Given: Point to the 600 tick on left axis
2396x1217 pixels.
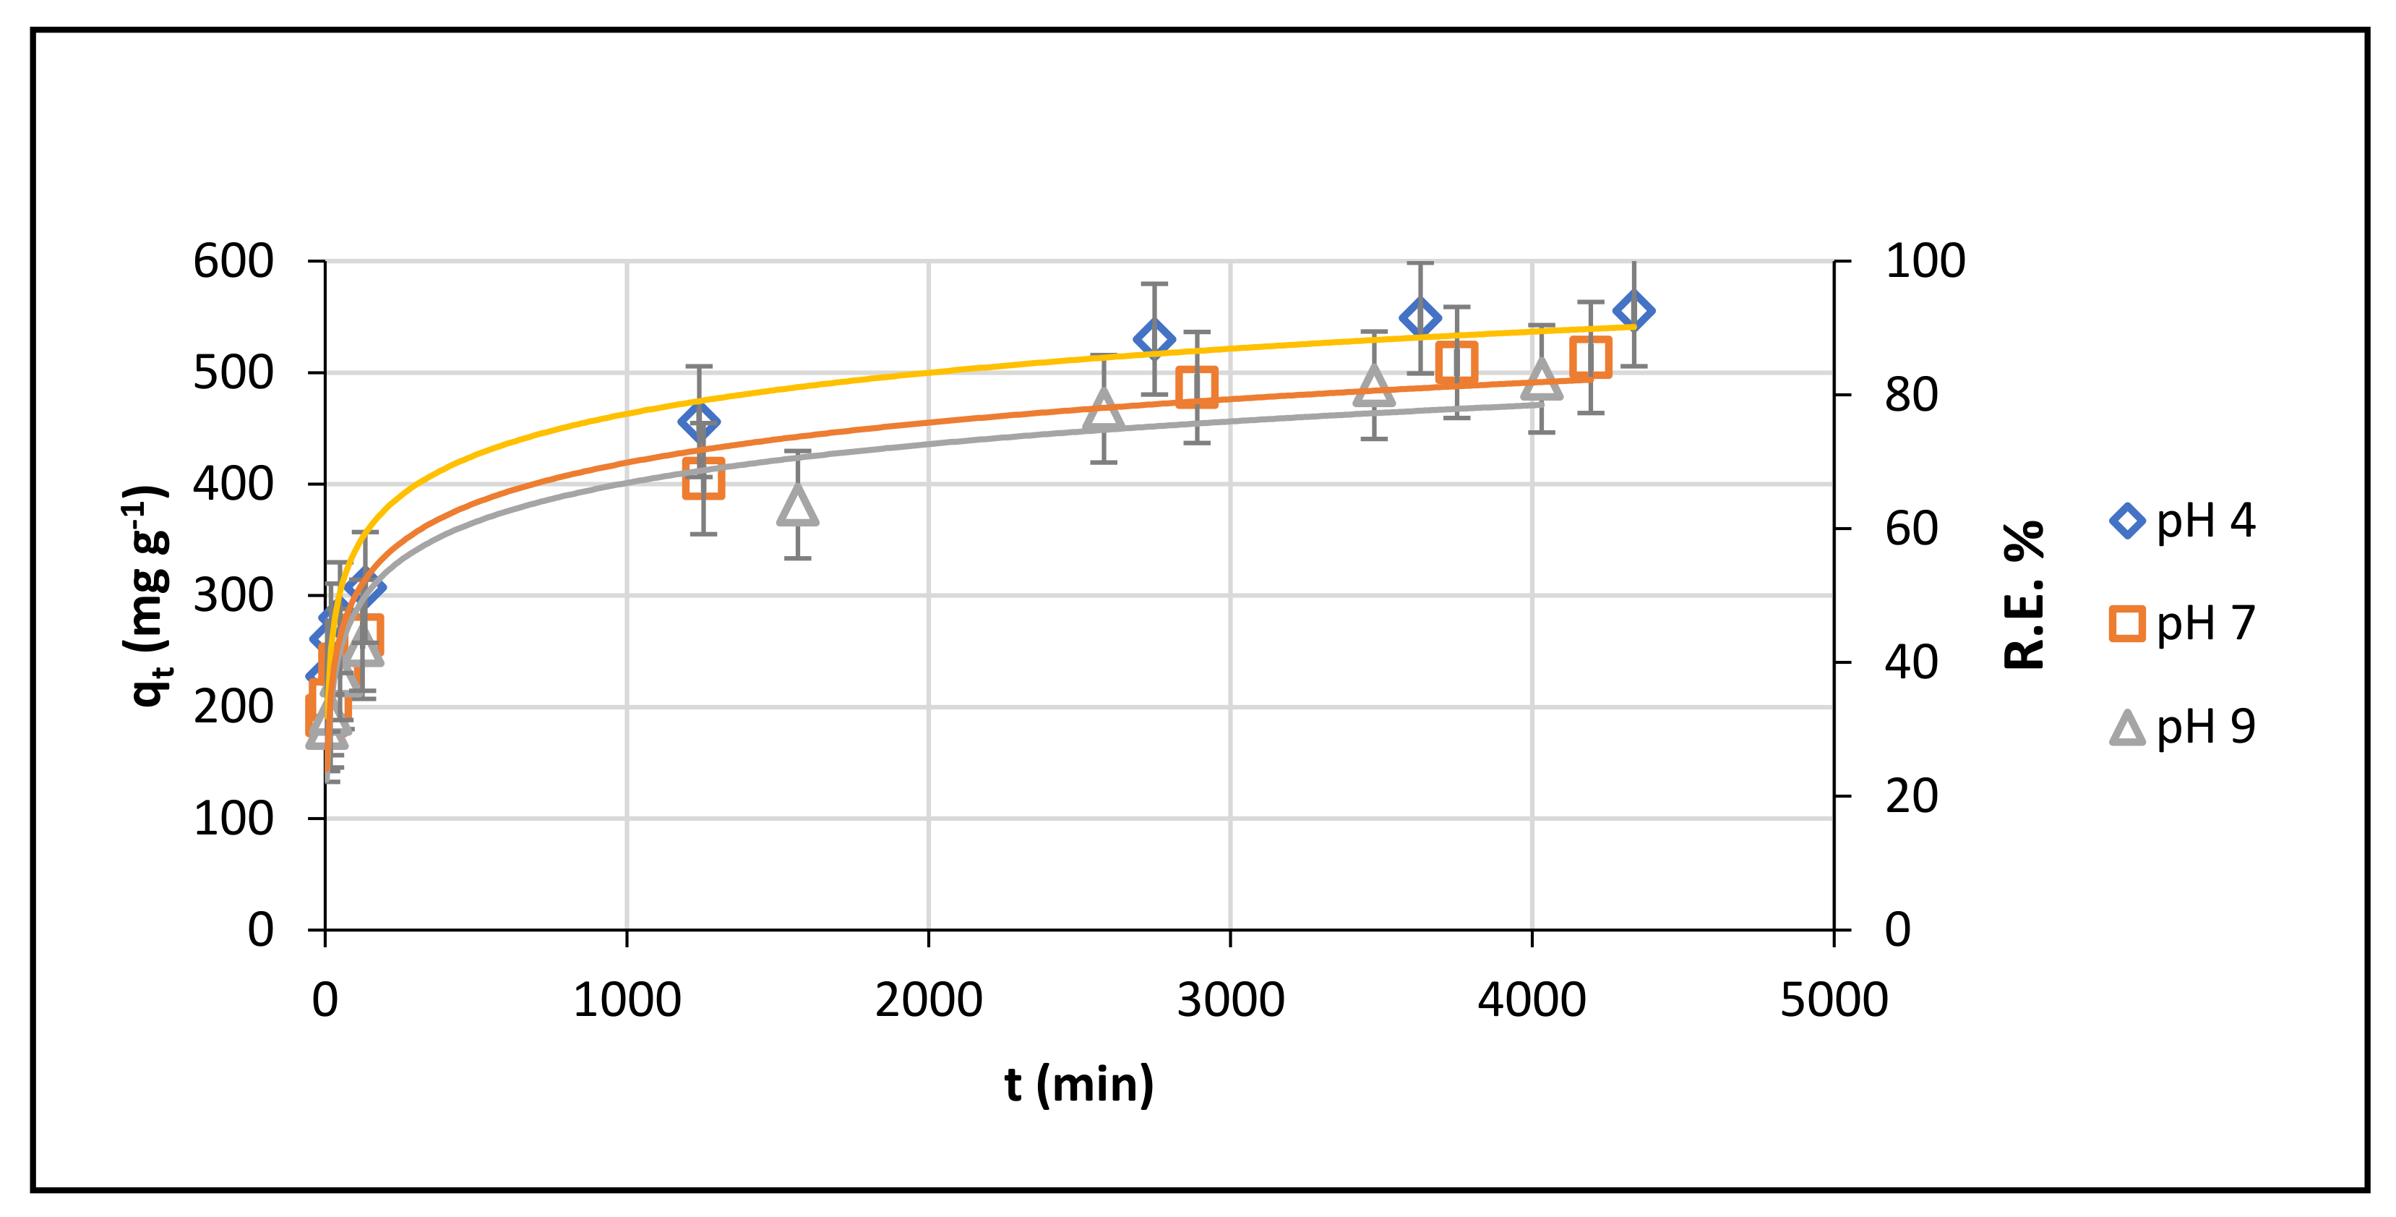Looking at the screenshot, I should pyautogui.click(x=233, y=262).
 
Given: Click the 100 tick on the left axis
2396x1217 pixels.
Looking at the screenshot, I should pyautogui.click(x=233, y=819).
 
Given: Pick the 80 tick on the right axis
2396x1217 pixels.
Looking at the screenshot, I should pyautogui.click(x=1912, y=396).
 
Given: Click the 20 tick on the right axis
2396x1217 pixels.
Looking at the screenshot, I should pyautogui.click(x=1912, y=796).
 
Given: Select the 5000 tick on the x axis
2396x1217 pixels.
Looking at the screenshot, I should pyautogui.click(x=1833, y=1000).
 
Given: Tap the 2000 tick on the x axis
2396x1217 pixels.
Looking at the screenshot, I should pyautogui.click(x=928, y=1000).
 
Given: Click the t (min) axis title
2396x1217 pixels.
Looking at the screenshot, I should pyautogui.click(x=1079, y=1085).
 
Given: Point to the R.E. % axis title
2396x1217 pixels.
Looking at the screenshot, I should pyautogui.click(x=2025, y=595).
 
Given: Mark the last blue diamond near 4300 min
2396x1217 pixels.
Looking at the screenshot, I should pyautogui.click(x=1633, y=311).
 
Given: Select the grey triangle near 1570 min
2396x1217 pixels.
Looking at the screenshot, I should pyautogui.click(x=797, y=505).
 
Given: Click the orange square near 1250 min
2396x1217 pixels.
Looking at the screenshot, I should pyautogui.click(x=703, y=478).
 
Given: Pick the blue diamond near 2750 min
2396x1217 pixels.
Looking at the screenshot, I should pyautogui.click(x=1154, y=338).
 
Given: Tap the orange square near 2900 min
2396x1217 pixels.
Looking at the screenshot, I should pyautogui.click(x=1196, y=386).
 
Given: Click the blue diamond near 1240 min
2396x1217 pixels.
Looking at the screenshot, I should pyautogui.click(x=698, y=422).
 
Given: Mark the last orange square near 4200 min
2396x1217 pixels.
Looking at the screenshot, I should pyautogui.click(x=1591, y=357).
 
